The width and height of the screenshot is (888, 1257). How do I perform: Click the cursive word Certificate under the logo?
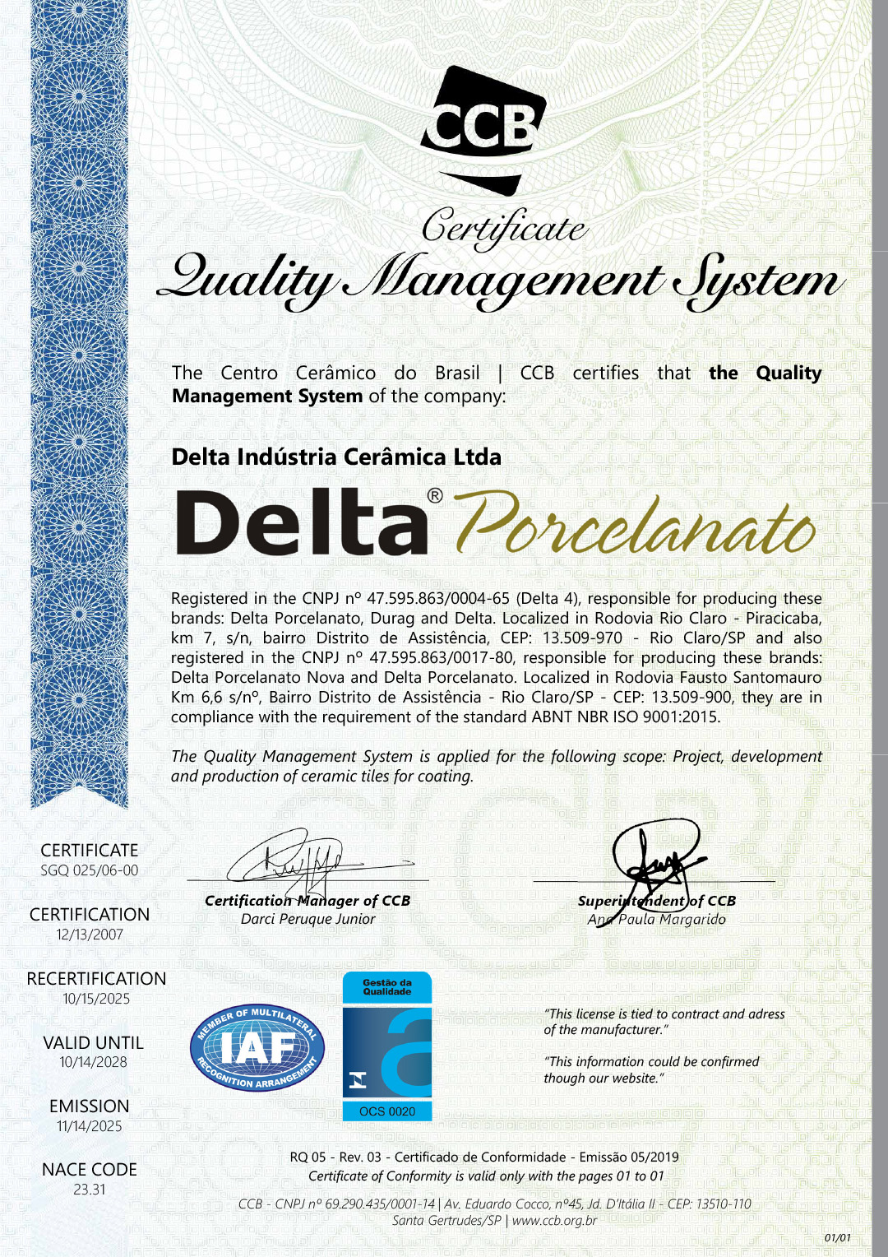click(504, 226)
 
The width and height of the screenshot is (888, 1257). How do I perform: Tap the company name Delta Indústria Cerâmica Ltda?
click(336, 457)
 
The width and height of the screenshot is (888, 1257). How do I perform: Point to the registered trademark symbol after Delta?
click(435, 496)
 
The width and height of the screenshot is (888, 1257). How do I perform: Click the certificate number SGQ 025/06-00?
click(90, 870)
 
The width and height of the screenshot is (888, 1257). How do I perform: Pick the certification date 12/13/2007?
click(90, 935)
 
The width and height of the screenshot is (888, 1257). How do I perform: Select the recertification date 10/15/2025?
click(96, 999)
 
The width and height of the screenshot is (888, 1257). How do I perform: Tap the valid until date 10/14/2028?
click(93, 1062)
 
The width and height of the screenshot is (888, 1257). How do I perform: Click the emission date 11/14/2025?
click(90, 1126)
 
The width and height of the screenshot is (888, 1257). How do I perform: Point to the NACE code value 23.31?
click(90, 1190)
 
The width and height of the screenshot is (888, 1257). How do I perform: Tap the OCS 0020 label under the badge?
click(387, 1111)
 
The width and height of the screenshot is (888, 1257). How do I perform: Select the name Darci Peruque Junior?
click(308, 919)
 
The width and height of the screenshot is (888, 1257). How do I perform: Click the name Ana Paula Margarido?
click(657, 919)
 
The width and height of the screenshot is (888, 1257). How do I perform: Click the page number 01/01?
click(837, 1237)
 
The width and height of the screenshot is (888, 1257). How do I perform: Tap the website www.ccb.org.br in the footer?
click(554, 1220)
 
